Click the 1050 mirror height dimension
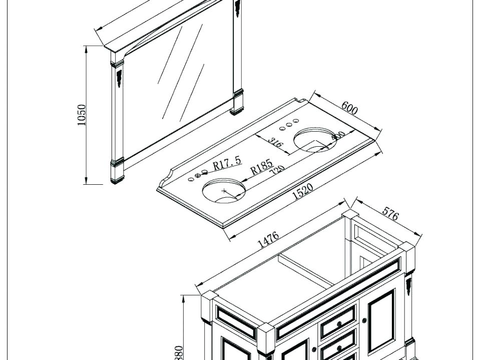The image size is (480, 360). pyautogui.click(x=82, y=115)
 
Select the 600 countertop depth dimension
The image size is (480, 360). pyautogui.click(x=349, y=108)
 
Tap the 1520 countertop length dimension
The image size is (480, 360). pyautogui.click(x=302, y=191)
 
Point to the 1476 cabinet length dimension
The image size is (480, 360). pyautogui.click(x=268, y=240)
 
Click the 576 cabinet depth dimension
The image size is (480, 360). pyautogui.click(x=390, y=214)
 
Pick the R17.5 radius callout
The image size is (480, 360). pyautogui.click(x=227, y=163)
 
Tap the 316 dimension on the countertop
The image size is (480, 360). pyautogui.click(x=275, y=143)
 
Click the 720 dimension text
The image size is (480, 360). pyautogui.click(x=277, y=171)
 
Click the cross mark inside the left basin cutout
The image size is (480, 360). pyautogui.click(x=224, y=191)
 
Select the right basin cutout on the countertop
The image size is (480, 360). pyautogui.click(x=314, y=139)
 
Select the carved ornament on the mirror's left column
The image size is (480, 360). pyautogui.click(x=119, y=78)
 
